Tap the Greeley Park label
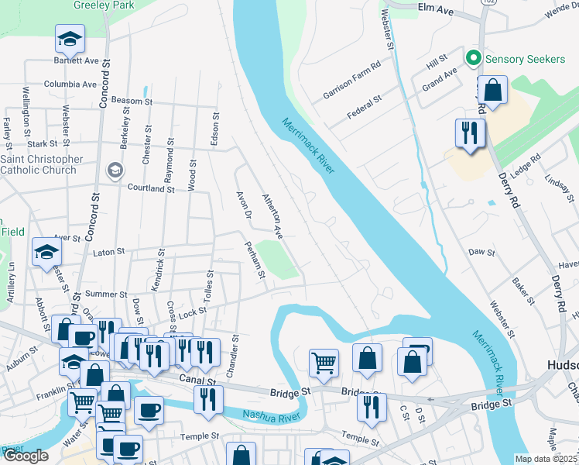[100, 5]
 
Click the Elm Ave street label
[434, 8]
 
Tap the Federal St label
[365, 107]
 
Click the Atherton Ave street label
[273, 215]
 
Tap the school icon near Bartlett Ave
[69, 38]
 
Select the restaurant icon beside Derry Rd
[470, 133]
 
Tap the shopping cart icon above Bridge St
[323, 362]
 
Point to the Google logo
[26, 456]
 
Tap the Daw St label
[481, 253]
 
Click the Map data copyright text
[546, 459]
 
